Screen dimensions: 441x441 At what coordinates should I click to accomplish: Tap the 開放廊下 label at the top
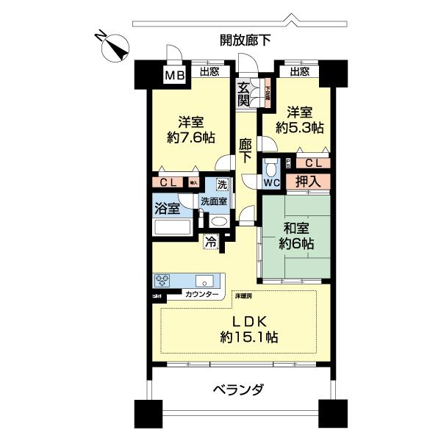pyautogui.click(x=245, y=40)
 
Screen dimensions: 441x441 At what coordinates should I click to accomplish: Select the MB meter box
pyautogui.click(x=173, y=75)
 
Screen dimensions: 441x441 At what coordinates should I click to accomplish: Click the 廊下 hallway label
pyautogui.click(x=245, y=150)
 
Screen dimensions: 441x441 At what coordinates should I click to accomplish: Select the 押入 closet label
pyautogui.click(x=306, y=182)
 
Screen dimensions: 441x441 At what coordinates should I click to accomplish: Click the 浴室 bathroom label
pyautogui.click(x=166, y=209)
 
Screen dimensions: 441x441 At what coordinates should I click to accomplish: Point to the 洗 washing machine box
pyautogui.click(x=221, y=186)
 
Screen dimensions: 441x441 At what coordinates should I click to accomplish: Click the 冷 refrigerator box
pyautogui.click(x=211, y=240)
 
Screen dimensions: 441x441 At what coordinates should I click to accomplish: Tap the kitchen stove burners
pyautogui.click(x=163, y=281)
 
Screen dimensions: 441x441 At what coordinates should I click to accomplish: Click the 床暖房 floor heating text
pyautogui.click(x=243, y=296)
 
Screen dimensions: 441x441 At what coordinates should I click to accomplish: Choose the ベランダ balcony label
pyautogui.click(x=238, y=389)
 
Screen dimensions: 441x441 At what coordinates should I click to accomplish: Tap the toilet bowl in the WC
pyautogui.click(x=269, y=165)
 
